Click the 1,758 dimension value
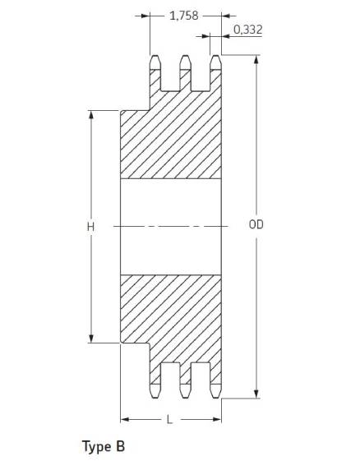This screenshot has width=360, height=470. (184, 16)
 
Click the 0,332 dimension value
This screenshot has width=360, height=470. (248, 30)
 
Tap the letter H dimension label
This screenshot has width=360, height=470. (91, 227)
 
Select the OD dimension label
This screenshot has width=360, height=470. (256, 224)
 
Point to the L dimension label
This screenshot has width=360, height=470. (169, 419)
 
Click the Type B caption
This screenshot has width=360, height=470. (104, 447)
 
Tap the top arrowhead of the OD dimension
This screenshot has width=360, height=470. (256, 59)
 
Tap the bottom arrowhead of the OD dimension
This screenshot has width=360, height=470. (256, 394)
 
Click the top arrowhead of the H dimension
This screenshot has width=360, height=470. (91, 115)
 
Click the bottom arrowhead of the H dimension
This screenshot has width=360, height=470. (91, 339)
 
